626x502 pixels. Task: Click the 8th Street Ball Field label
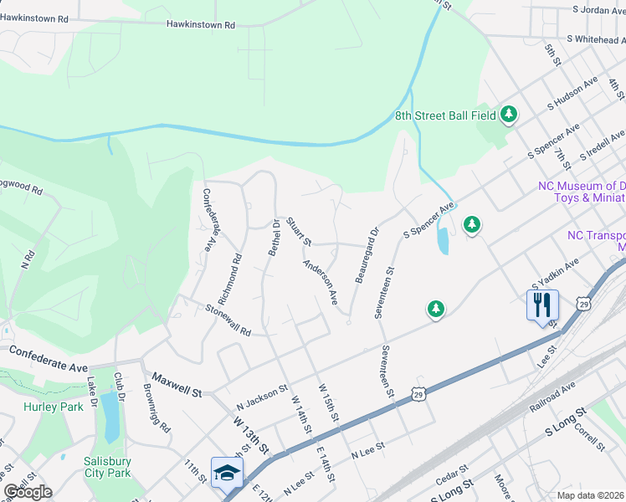click(x=445, y=115)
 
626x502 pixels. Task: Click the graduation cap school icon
click(x=227, y=473)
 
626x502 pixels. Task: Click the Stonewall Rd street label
click(x=228, y=320)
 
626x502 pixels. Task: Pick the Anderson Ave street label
click(x=321, y=282)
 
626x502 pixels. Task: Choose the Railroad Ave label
click(x=552, y=397)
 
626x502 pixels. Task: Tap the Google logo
click(x=28, y=491)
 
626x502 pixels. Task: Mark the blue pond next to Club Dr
click(x=109, y=416)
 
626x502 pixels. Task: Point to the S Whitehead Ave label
click(x=595, y=38)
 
